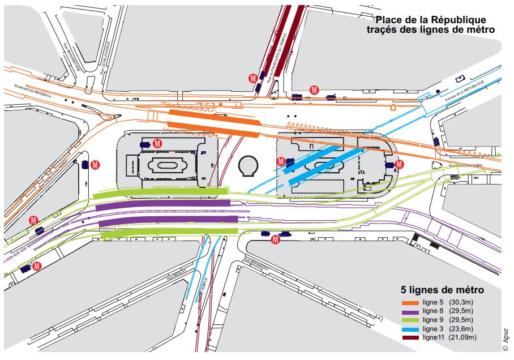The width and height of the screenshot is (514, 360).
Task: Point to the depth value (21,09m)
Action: point(464,337)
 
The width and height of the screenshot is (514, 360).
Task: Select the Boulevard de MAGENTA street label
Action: point(32,93)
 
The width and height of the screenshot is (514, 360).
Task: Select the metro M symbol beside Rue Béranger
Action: point(275,239)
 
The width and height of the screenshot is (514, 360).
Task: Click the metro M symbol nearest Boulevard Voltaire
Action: point(399,164)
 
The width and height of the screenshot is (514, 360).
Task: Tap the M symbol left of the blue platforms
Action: point(281,161)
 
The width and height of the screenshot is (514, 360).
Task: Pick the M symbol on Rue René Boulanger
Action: point(96,165)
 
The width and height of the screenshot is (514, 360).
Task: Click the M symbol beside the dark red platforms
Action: point(254,77)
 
